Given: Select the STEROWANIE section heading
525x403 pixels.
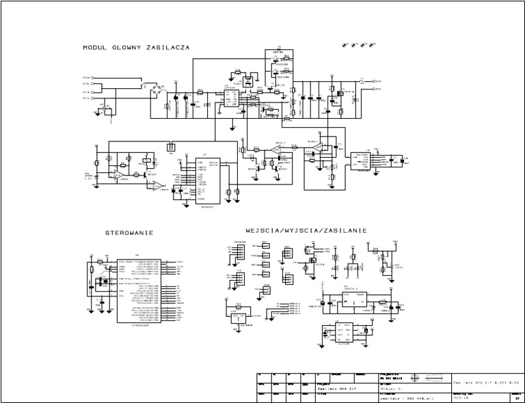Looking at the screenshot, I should (129, 233).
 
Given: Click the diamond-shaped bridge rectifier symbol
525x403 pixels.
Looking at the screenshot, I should (156, 87).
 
